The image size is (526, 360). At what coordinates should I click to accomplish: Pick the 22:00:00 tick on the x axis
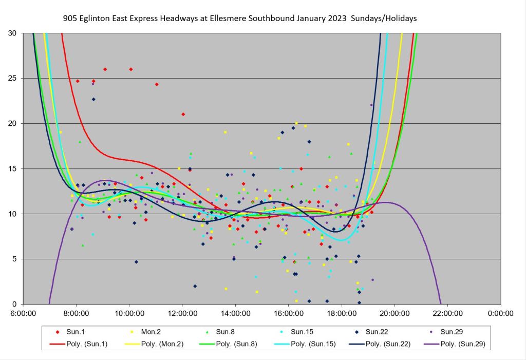click(x=447, y=312)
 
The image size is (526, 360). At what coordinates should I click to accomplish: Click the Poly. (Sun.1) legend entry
click(x=82, y=344)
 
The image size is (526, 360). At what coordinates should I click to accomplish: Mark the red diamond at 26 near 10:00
click(x=131, y=69)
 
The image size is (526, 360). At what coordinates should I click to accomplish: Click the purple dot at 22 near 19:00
click(x=371, y=105)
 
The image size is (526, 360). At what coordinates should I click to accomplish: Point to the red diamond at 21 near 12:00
click(x=183, y=114)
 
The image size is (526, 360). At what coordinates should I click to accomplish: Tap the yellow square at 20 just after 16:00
click(x=296, y=123)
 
